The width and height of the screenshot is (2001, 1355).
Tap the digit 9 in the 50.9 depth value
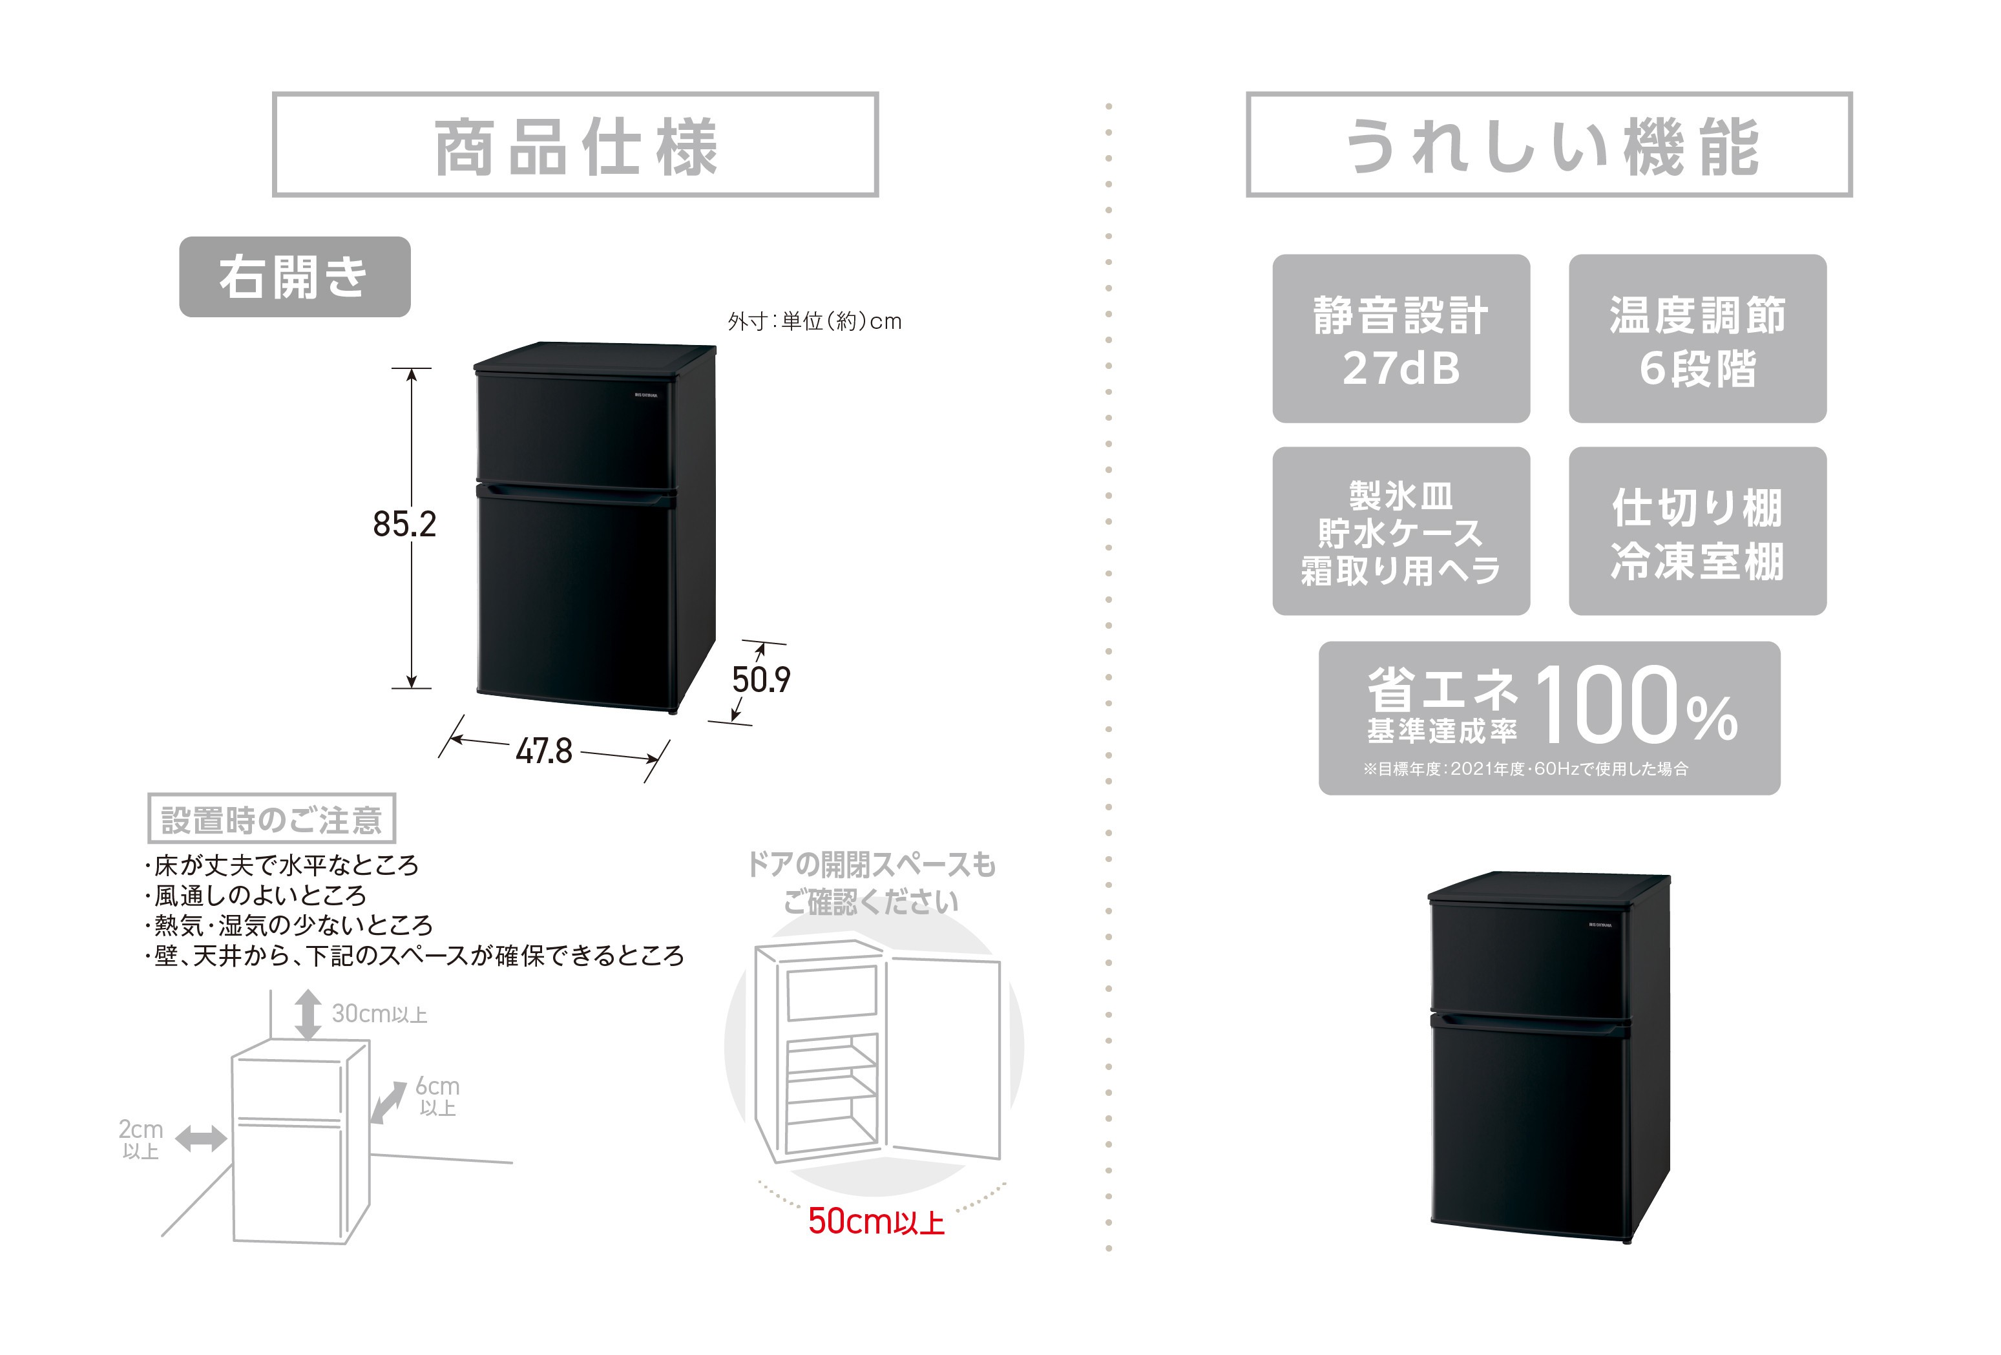click(x=780, y=679)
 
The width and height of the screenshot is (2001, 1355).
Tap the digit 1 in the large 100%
click(x=1554, y=704)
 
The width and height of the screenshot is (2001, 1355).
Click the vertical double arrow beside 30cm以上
click(x=308, y=1014)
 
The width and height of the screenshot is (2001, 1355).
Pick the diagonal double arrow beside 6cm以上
click(x=388, y=1103)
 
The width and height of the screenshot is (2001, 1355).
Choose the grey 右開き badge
click(x=295, y=277)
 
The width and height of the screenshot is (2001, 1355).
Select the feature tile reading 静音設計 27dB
click(x=1401, y=339)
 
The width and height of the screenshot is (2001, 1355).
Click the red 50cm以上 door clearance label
click(x=875, y=1221)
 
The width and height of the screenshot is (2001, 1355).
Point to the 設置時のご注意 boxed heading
click(x=271, y=818)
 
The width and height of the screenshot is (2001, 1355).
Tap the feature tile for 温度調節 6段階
click(x=1697, y=339)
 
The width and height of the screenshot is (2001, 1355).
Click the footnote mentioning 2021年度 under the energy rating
click(x=1525, y=769)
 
